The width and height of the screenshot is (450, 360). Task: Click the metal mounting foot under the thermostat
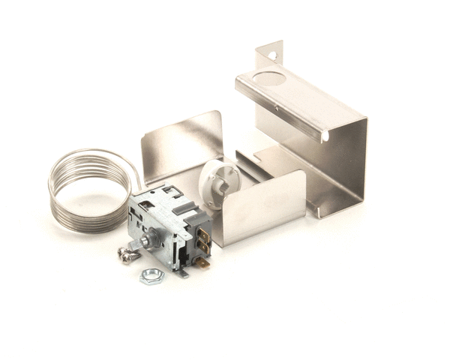pos(182,271)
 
